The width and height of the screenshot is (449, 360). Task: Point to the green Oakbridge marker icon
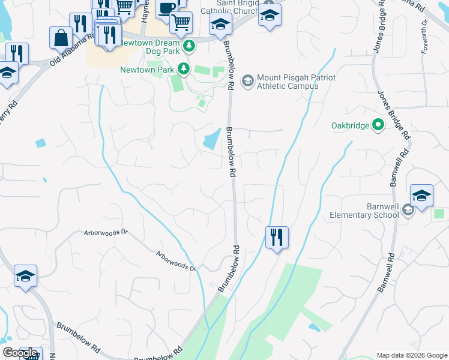coord(378,125)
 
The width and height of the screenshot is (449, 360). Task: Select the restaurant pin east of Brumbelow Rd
coord(277,237)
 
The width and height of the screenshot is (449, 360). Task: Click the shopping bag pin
coord(61,37)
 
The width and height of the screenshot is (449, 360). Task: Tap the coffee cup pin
coord(166,8)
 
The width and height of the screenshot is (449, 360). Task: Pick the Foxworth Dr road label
coord(424,36)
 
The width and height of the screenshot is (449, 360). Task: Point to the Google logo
coord(19,353)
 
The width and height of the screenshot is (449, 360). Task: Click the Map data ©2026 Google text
coord(411,355)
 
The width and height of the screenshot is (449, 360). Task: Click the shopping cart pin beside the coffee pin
coord(181,23)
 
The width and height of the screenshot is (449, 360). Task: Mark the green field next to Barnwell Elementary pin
coord(439,214)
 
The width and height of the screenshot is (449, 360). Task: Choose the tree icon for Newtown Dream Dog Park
coord(189,46)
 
